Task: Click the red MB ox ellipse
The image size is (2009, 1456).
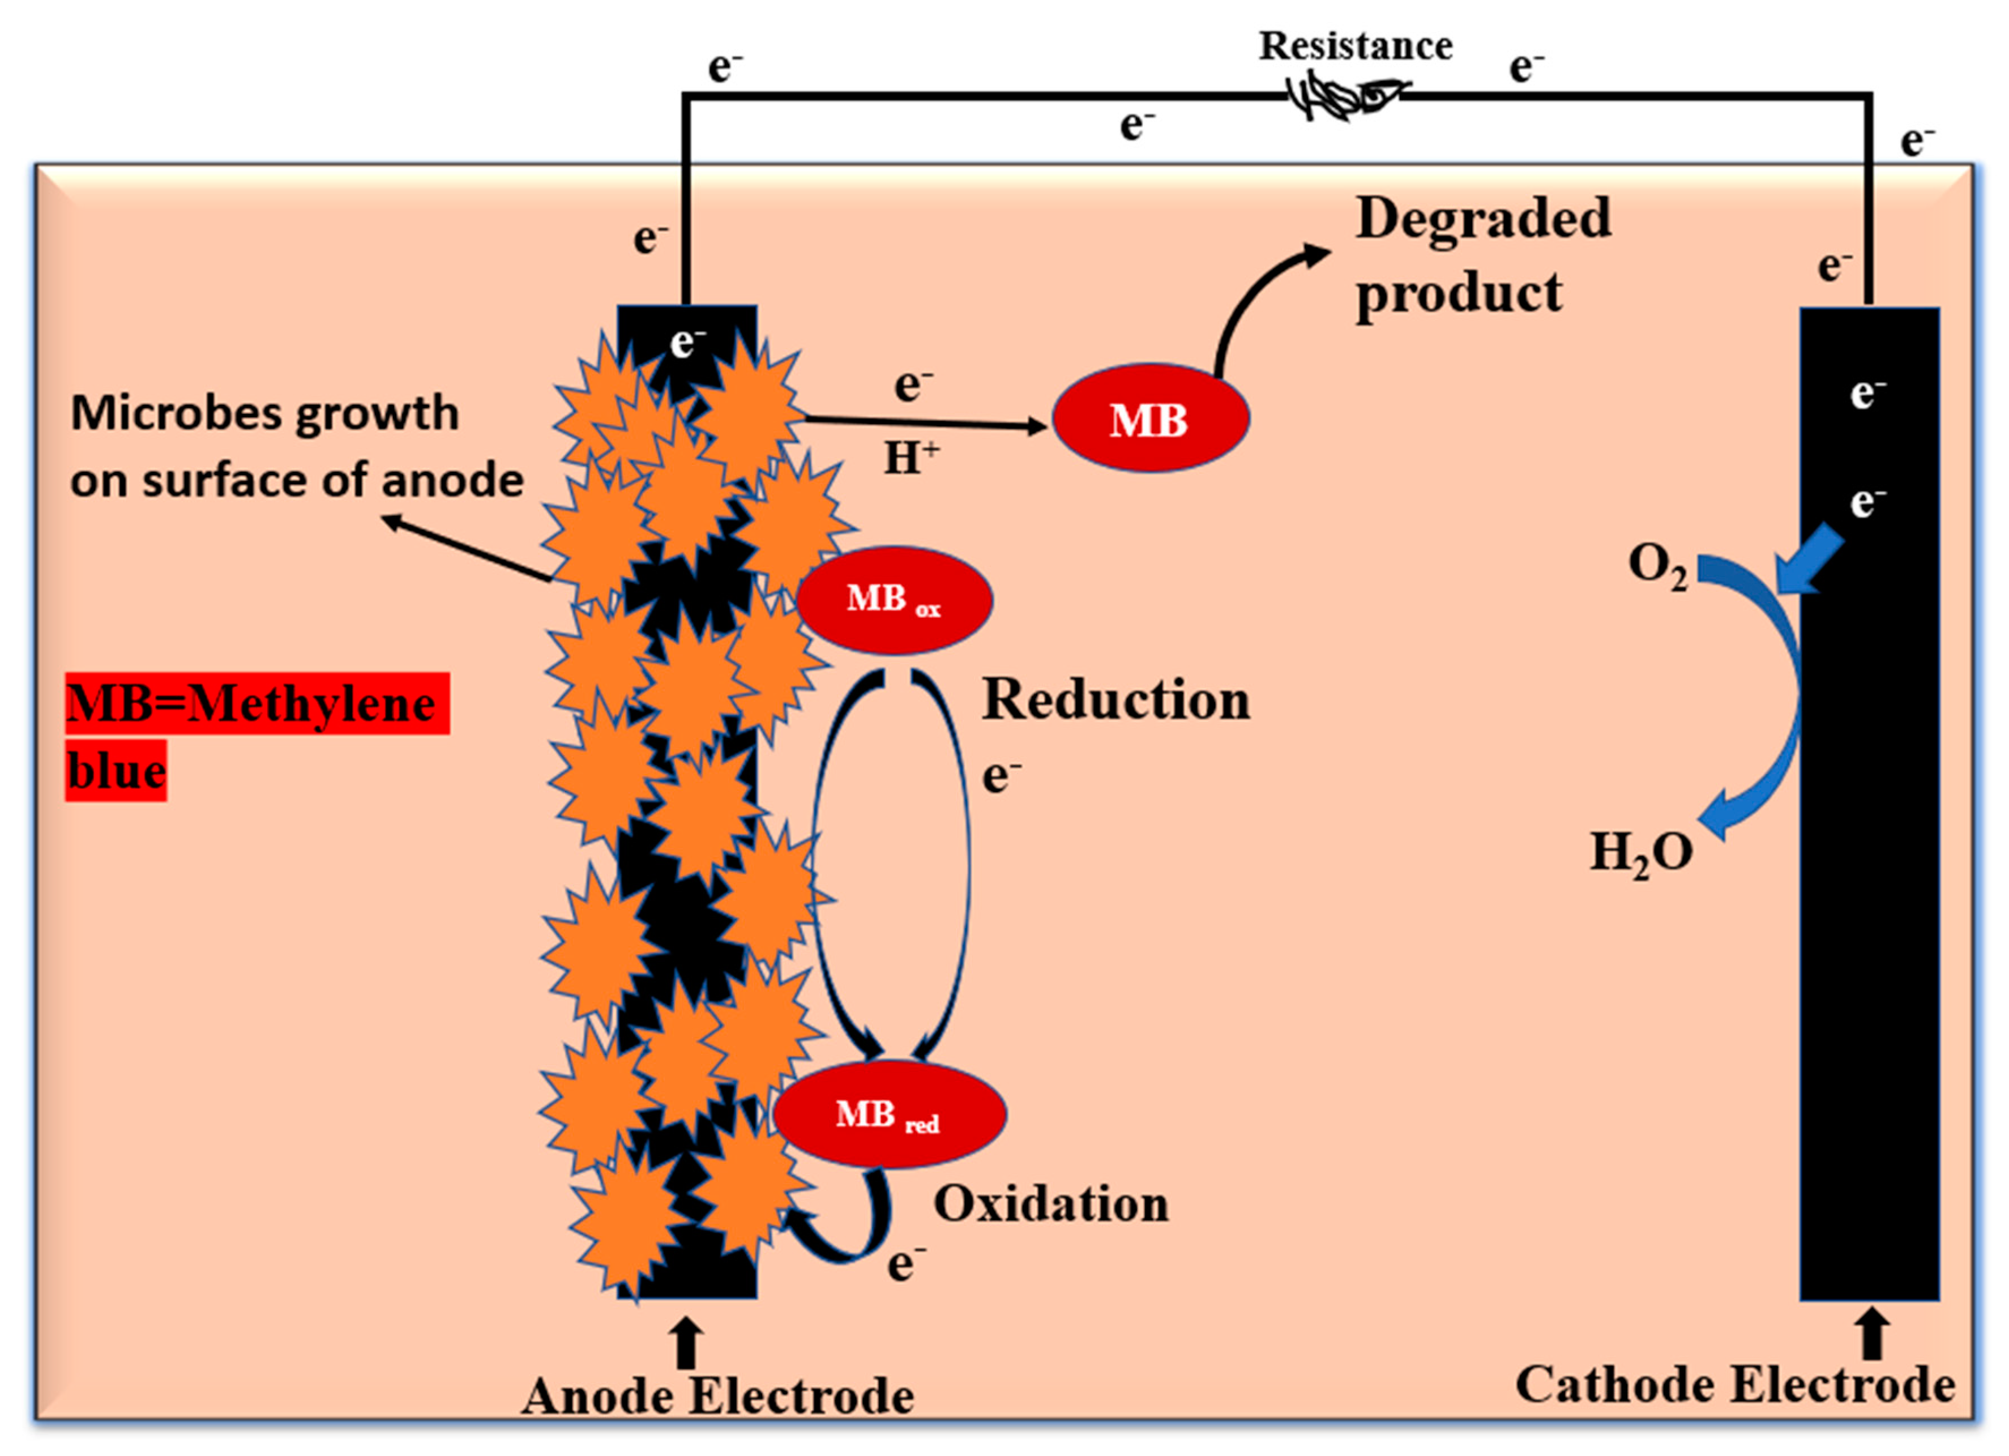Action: click(894, 600)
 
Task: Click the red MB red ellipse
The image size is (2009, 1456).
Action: click(890, 1114)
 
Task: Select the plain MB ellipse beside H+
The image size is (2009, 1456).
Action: click(1150, 419)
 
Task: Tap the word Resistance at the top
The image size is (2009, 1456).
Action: click(1355, 45)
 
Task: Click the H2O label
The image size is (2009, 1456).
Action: click(1640, 853)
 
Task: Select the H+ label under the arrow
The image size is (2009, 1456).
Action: click(911, 458)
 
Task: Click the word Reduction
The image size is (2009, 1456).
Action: click(1115, 700)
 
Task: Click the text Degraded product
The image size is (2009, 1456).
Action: click(1481, 255)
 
